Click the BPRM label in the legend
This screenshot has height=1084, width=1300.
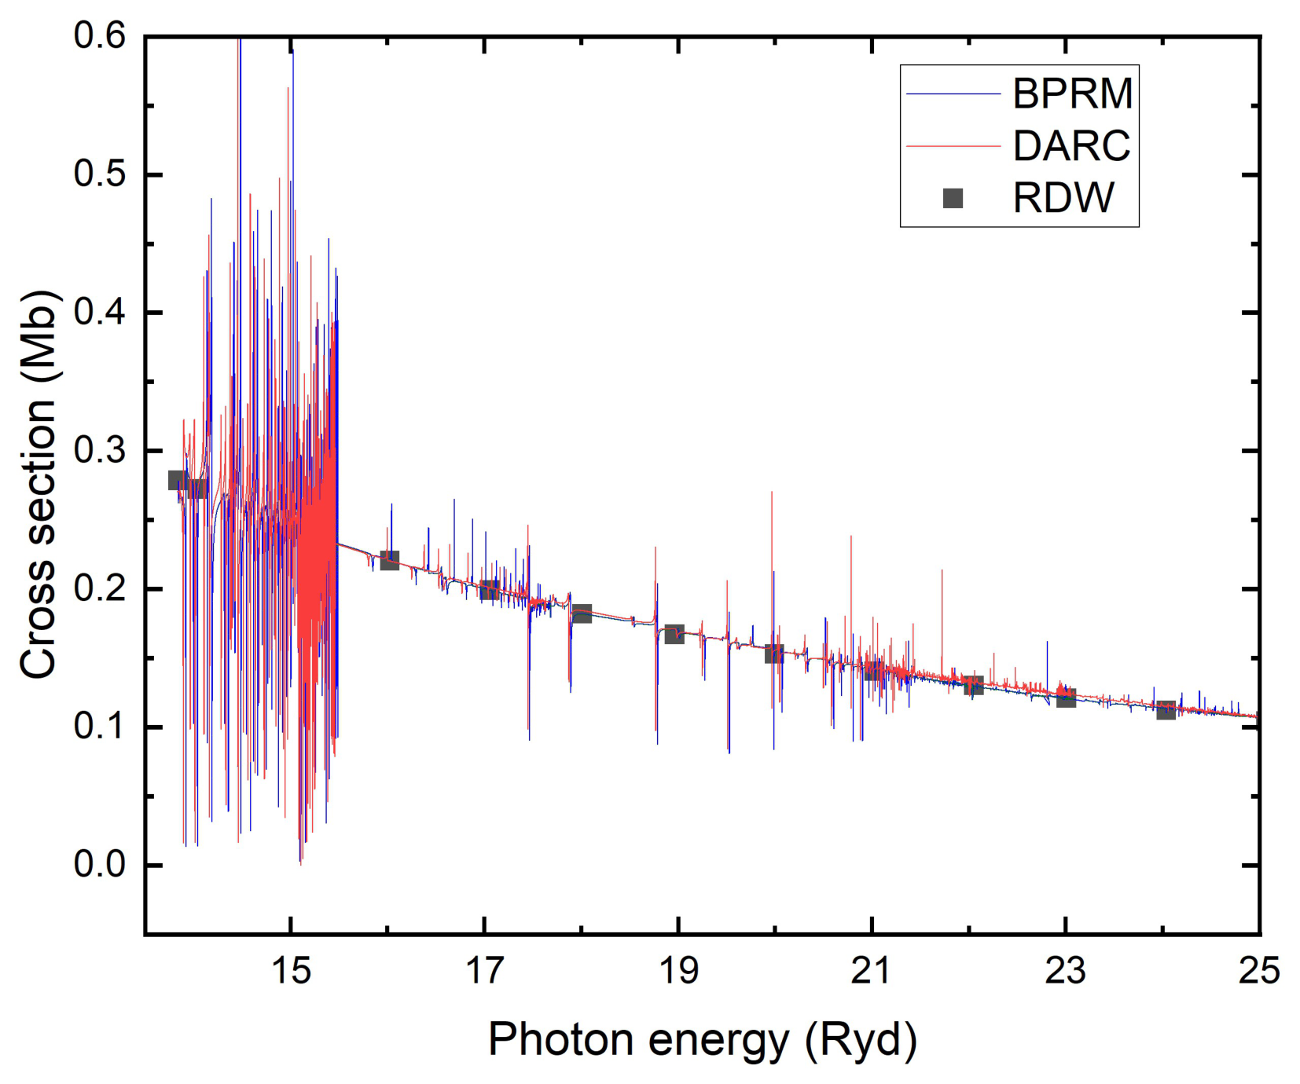pyautogui.click(x=1072, y=94)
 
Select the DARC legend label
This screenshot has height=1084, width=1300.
pyautogui.click(x=1071, y=146)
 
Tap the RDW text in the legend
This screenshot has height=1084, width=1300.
pyautogui.click(x=1063, y=198)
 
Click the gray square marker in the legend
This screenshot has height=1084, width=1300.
pyautogui.click(x=953, y=198)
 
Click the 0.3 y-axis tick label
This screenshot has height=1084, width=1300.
pyautogui.click(x=100, y=451)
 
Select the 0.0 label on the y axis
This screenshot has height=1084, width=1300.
pyautogui.click(x=100, y=865)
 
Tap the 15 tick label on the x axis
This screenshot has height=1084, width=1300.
pyautogui.click(x=291, y=972)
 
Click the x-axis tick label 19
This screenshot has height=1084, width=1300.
pyautogui.click(x=678, y=972)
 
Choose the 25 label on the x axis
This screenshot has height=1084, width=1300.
pyautogui.click(x=1258, y=972)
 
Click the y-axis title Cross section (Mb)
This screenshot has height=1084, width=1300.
pyautogui.click(x=39, y=485)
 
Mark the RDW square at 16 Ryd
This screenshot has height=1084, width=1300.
pyautogui.click(x=389, y=560)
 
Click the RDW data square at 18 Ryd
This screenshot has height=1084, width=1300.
pyautogui.click(x=582, y=613)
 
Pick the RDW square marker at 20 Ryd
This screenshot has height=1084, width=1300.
pyautogui.click(x=774, y=654)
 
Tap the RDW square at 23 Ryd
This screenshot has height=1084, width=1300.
pyautogui.click(x=1066, y=697)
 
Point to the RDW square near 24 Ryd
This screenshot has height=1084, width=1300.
pyautogui.click(x=1166, y=710)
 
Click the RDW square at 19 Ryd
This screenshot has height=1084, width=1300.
pyautogui.click(x=674, y=634)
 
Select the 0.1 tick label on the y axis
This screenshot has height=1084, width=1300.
pyautogui.click(x=100, y=727)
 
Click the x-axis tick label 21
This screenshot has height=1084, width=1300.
pyautogui.click(x=871, y=972)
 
